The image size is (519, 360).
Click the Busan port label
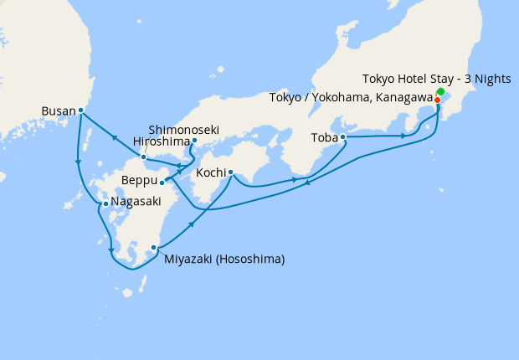click(58, 110)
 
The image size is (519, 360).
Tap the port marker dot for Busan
click(80, 110)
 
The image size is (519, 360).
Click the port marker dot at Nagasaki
click(105, 203)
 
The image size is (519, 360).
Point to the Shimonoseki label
click(184, 130)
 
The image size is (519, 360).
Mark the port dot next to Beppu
click(162, 182)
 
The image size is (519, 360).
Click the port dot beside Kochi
click(230, 172)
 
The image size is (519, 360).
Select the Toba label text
click(324, 136)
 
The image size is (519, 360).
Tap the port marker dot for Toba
click(343, 136)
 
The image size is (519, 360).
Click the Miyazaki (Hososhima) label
click(224, 260)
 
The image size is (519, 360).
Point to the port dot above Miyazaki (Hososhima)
click(153, 247)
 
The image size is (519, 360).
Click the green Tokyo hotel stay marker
click(440, 91)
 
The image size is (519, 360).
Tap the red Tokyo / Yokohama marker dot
click(437, 100)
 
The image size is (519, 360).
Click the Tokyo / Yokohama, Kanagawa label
click(352, 99)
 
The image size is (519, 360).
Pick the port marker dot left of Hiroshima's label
click(144, 157)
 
